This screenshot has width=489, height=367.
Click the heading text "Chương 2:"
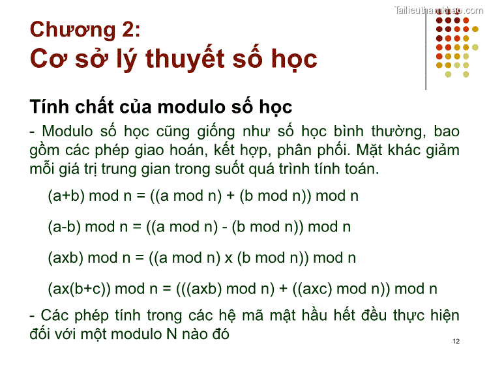coord(85,29)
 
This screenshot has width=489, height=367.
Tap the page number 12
coord(455,342)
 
